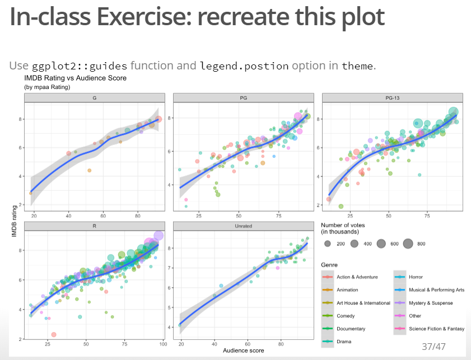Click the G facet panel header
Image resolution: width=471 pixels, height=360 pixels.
point(94,98)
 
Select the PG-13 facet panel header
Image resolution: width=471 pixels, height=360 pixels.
point(392,98)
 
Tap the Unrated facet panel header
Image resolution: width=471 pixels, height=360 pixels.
point(243,226)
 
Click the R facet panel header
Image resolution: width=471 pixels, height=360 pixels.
point(94,226)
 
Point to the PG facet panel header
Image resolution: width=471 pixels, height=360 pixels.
point(243,98)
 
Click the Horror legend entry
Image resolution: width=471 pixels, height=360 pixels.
point(415,277)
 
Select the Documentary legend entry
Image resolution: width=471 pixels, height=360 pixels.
point(351,329)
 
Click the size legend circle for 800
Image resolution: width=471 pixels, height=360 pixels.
point(407,244)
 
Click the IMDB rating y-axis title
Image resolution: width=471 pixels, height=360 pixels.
point(15,221)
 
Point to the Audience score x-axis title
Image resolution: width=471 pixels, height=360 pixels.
point(244,350)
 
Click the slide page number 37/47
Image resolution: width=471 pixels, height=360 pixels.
point(433,347)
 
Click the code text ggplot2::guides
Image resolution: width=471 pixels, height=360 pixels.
point(80,66)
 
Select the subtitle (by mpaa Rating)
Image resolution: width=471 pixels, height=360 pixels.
point(46,87)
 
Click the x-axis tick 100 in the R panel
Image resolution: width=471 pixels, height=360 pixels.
point(163,344)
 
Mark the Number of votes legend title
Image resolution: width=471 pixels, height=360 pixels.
point(344,228)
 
